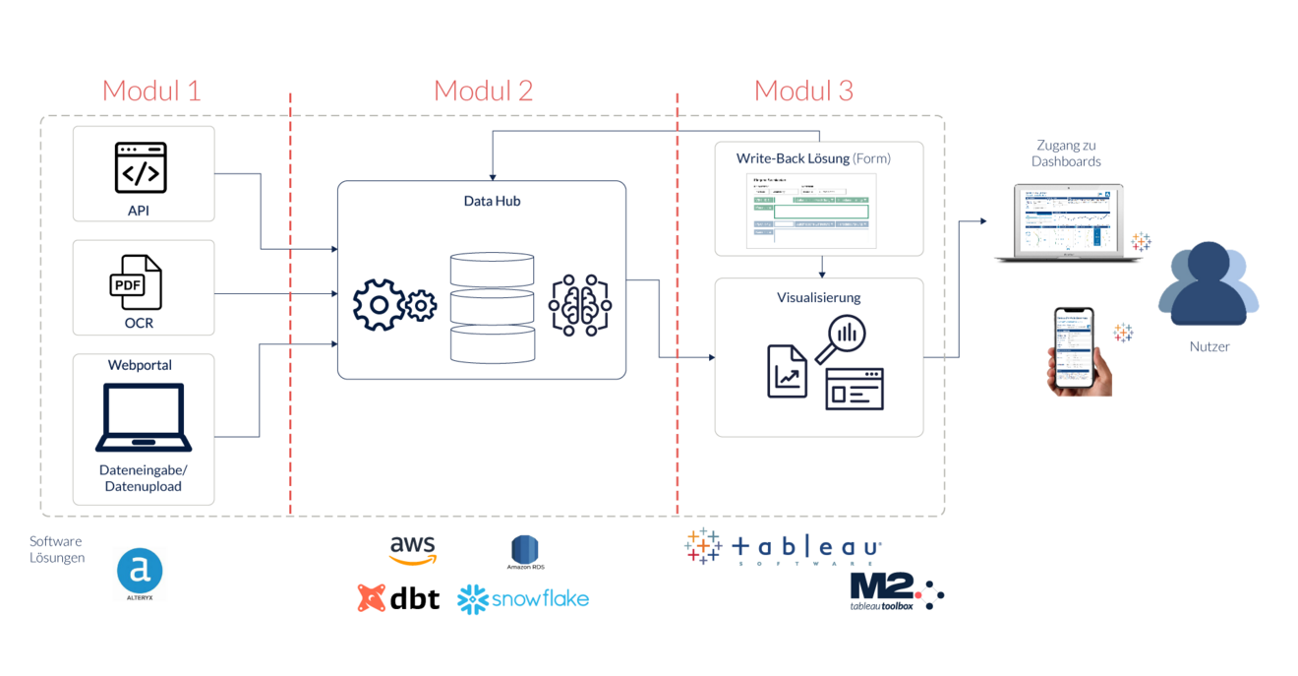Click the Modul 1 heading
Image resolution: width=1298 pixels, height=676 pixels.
[x=151, y=91]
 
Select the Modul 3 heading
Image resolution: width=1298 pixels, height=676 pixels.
[x=803, y=91]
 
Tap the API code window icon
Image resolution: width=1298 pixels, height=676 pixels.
[x=141, y=167]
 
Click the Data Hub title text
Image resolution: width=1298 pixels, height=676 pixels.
[x=492, y=201]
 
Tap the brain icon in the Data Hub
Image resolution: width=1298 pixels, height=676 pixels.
[x=580, y=306]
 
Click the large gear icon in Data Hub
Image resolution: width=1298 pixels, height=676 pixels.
[x=379, y=306]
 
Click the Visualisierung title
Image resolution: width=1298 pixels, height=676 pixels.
[x=818, y=297]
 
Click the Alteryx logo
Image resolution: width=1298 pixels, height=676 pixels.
[x=140, y=574]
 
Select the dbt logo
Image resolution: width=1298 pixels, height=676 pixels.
[x=398, y=598]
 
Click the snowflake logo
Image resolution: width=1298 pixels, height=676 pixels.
[x=523, y=598]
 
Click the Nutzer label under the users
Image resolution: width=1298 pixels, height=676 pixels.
[x=1209, y=346]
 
